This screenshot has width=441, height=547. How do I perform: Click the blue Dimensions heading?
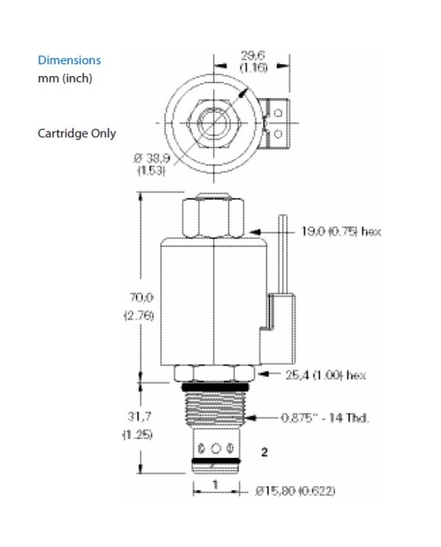[69, 60]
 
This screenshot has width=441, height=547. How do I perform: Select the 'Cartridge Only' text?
[77, 133]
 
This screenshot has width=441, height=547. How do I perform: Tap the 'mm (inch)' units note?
[65, 79]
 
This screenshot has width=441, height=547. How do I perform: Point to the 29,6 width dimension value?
[252, 55]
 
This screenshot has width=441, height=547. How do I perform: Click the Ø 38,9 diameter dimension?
[149, 159]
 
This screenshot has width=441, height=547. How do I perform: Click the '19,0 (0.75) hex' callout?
[341, 232]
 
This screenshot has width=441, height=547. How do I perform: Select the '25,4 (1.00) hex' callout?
[324, 375]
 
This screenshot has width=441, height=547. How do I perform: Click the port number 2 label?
[265, 451]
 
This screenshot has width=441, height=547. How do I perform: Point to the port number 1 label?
[215, 485]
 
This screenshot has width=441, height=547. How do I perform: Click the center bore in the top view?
[215, 118]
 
